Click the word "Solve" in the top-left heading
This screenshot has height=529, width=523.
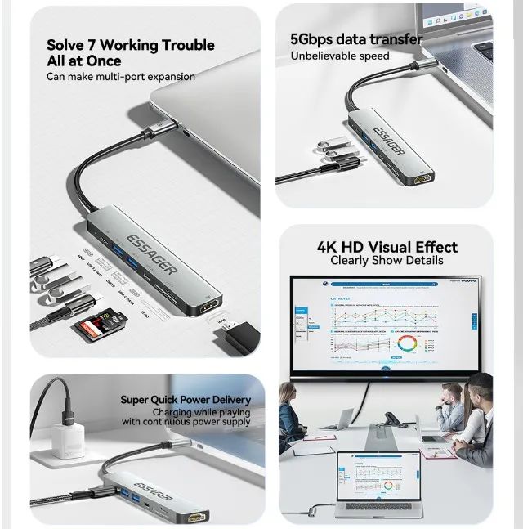coord(65,45)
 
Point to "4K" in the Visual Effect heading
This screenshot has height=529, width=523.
coord(330,247)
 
